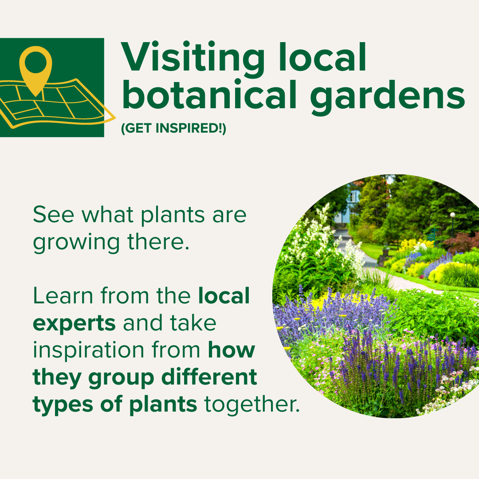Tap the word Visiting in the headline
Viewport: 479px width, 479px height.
point(193,58)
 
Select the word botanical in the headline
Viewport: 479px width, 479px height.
point(209,94)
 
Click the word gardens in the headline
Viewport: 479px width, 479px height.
point(387,96)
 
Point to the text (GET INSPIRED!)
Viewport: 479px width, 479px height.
point(173,128)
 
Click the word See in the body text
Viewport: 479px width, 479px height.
point(54,215)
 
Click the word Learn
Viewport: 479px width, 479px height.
point(63,296)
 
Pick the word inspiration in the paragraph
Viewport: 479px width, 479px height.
point(89,350)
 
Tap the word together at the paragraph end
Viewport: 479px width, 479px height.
point(252,405)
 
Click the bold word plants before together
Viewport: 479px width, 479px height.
point(163,405)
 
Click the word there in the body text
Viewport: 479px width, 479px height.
point(158,242)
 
